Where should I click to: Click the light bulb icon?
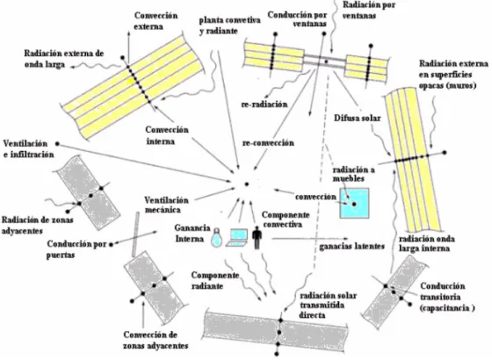pyautogui.click(x=216, y=238)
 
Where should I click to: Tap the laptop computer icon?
pyautogui.click(x=237, y=238)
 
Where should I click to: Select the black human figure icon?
pyautogui.click(x=257, y=238)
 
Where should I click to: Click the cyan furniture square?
pyautogui.click(x=354, y=203)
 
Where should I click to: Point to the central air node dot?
pyautogui.click(x=247, y=184)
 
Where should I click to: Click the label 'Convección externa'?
pyautogui.click(x=156, y=21)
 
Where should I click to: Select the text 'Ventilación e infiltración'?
pyautogui.click(x=28, y=149)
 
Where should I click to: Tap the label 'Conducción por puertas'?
pyautogui.click(x=76, y=249)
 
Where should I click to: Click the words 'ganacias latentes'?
pyautogui.click(x=351, y=246)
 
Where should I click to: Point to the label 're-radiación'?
pyautogui.click(x=264, y=104)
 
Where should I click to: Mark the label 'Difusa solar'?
pyautogui.click(x=357, y=119)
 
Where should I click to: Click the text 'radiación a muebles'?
pyautogui.click(x=353, y=174)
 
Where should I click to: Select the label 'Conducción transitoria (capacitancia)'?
pyautogui.click(x=447, y=297)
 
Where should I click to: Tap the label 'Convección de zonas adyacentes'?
pyautogui.click(x=156, y=340)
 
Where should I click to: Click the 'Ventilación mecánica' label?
pyautogui.click(x=166, y=205)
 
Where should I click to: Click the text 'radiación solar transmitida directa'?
pyautogui.click(x=328, y=306)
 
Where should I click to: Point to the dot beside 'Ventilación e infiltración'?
pyautogui.click(x=57, y=144)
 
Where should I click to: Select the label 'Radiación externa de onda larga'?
pyautogui.click(x=63, y=59)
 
